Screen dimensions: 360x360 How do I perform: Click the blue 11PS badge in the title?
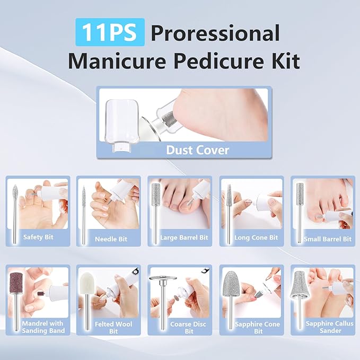click(110, 33)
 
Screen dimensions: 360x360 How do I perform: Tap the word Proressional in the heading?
click(215, 33)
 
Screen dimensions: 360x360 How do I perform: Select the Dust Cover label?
click(197, 150)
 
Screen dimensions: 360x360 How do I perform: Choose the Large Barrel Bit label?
click(183, 238)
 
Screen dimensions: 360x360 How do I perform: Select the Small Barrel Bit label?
click(327, 239)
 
